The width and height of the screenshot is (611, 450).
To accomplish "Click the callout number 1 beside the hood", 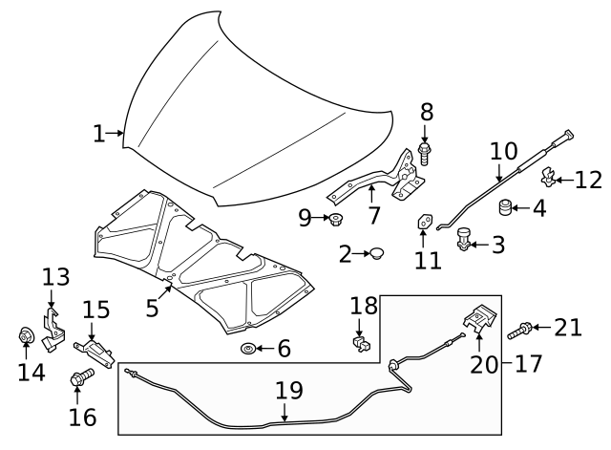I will pos(99,134).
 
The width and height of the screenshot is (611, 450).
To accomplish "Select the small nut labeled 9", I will pos(336,222).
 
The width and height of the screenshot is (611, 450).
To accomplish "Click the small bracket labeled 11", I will pos(424,223).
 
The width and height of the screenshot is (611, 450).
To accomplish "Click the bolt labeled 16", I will pos(77,382).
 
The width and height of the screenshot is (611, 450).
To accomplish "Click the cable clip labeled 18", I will pos(360,340).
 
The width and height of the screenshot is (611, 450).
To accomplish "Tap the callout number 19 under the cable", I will pos(288,391).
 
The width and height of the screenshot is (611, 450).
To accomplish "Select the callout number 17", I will pos(527,363).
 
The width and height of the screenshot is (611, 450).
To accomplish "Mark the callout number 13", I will pos(56,278).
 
